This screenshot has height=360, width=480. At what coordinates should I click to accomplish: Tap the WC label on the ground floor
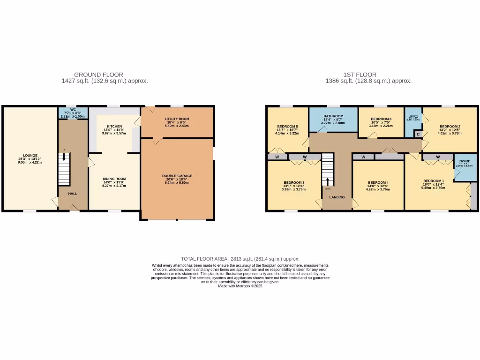pos(73,109)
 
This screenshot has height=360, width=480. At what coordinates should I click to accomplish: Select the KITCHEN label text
pos(114,127)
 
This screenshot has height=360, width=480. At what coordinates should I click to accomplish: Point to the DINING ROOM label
pos(114,179)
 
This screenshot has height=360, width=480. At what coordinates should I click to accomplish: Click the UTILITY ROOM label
pos(177,119)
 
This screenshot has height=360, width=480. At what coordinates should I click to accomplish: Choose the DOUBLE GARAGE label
pos(177,176)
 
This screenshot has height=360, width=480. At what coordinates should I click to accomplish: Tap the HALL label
pos(72,193)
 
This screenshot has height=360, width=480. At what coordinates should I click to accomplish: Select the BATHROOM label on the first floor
pos(333,116)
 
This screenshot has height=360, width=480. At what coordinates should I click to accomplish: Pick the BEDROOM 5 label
pos(287,127)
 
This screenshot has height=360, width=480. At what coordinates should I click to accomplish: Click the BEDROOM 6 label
pos(381,119)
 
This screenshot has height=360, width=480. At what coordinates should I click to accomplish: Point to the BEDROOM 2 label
pos(450,127)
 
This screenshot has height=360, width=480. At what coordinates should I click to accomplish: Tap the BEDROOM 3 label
pos(294,182)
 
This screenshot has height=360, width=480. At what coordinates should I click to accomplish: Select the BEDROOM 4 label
pos(378,182)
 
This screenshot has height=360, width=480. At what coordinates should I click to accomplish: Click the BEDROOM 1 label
pos(433,181)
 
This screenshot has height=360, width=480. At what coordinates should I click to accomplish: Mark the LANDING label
pos(337,197)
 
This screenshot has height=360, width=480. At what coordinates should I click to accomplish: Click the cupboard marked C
pos(418,134)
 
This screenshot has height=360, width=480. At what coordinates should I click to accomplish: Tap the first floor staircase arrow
pos(328,181)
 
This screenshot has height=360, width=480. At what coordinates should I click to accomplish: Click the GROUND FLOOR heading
pos(98,75)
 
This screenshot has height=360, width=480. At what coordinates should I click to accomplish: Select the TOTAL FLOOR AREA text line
pos(240,259)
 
